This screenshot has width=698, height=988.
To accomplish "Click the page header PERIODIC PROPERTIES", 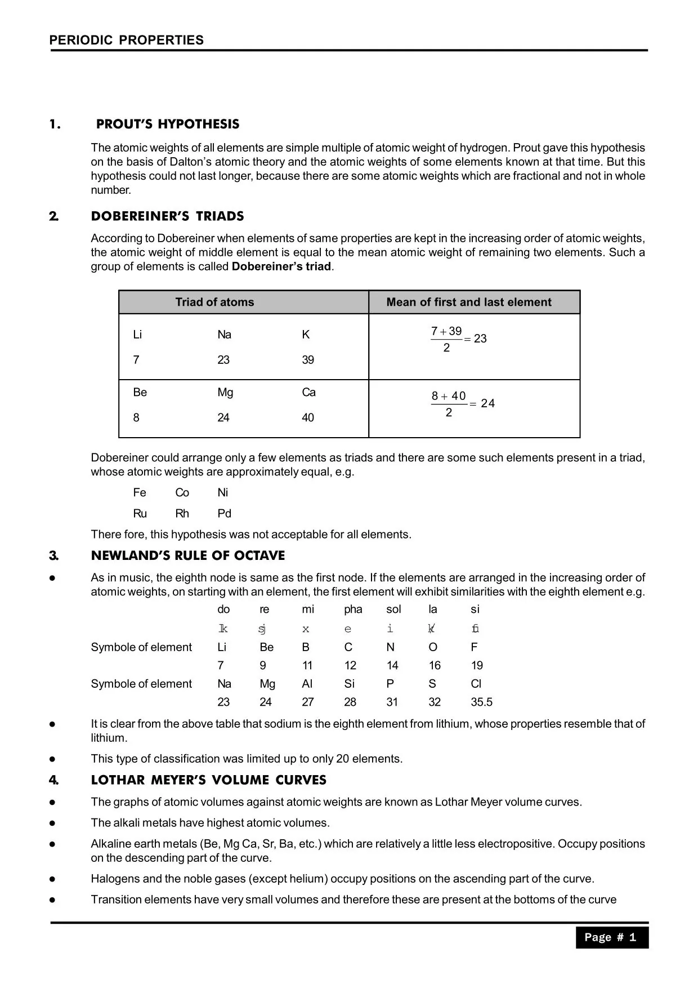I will pos(126,40).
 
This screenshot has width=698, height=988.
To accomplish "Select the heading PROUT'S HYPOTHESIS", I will pos(167,124).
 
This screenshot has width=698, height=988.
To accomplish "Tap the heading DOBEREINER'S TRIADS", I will pos(167,216).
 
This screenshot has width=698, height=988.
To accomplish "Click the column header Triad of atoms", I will pos(214,302).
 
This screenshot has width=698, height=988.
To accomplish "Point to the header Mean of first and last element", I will pos(468,302).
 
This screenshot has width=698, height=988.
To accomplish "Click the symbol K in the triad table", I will pos(306,335).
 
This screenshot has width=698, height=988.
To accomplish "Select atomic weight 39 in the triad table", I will pos(308,360).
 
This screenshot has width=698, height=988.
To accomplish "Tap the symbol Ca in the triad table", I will pos(308,393).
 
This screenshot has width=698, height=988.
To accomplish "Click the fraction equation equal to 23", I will pos(458,339).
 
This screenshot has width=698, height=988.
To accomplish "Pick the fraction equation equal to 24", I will pos(462,404).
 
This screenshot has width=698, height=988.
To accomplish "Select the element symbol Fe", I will pos(140,493).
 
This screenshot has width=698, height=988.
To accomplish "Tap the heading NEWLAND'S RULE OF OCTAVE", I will pos(187,555).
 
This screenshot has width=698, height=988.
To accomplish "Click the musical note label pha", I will pos(353,609).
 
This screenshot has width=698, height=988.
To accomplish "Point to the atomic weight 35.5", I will pos(481,702).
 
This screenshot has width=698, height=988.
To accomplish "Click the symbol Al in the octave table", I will pos(307,684).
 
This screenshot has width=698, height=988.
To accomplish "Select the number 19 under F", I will pos(477,666).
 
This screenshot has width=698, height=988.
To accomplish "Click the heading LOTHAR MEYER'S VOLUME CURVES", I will pos(208,780).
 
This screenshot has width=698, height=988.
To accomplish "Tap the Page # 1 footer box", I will pos(611,937).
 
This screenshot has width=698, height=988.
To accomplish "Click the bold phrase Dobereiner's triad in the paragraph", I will pos(281,266).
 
